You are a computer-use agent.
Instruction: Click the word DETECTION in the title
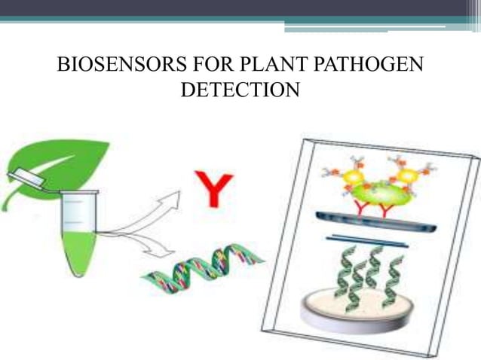pyautogui.click(x=240, y=90)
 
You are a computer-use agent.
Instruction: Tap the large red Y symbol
pyautogui.click(x=213, y=189)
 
